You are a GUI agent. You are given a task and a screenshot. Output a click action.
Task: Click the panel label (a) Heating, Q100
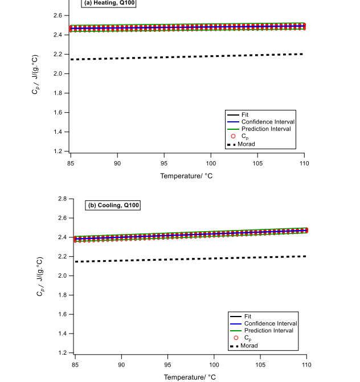tap(110, 3)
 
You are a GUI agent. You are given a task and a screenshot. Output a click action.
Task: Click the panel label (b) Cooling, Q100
tap(113, 205)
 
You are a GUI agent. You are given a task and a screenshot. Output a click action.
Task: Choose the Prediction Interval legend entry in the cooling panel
tap(267, 330)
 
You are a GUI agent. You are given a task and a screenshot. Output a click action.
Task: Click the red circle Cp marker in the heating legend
tap(233, 137)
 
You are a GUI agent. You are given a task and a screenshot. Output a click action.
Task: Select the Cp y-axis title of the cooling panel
tap(39, 276)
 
